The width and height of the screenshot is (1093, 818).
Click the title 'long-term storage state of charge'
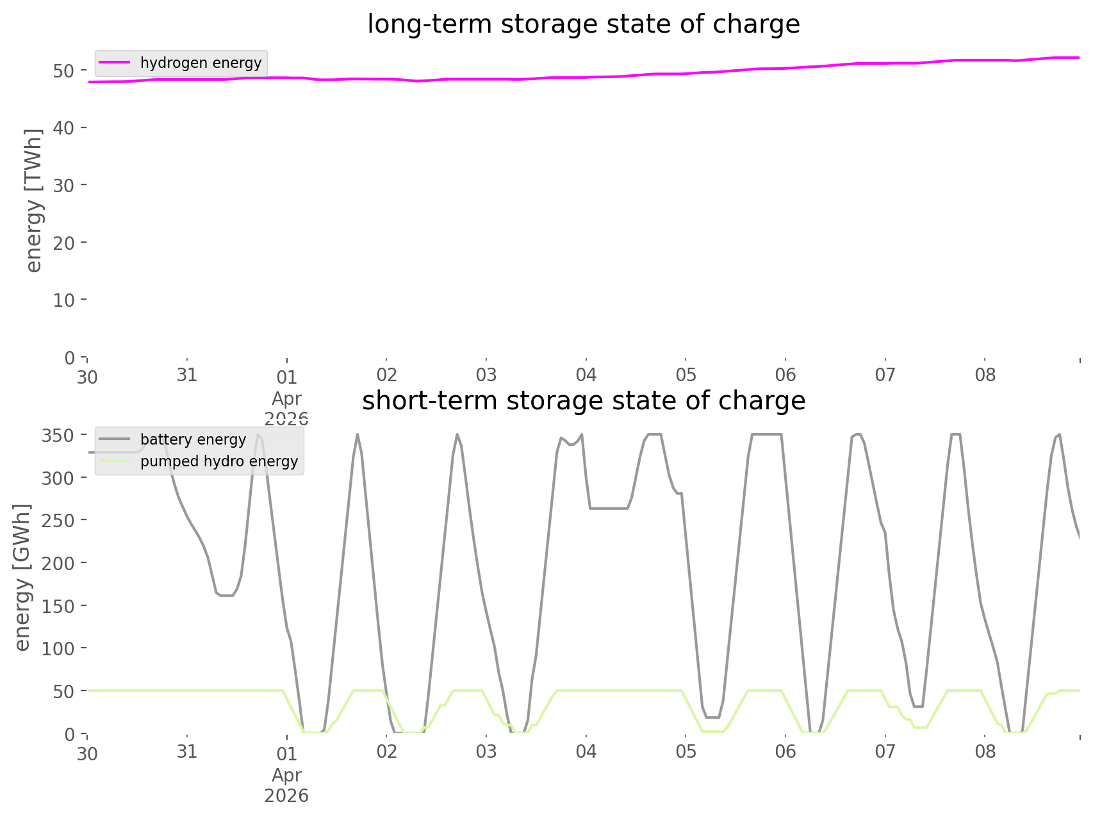click(x=583, y=24)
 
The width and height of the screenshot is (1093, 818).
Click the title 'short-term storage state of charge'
click(x=583, y=401)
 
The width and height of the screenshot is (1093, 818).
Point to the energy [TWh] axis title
click(x=33, y=200)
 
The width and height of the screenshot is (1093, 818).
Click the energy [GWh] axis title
click(x=22, y=577)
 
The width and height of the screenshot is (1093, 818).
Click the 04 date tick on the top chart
click(x=586, y=375)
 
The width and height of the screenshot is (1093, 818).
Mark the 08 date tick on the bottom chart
click(x=985, y=751)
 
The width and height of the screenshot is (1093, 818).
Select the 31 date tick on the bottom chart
click(x=186, y=751)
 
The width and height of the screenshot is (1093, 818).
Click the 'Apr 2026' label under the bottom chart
click(x=286, y=785)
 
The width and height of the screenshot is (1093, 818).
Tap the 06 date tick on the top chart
click(x=785, y=375)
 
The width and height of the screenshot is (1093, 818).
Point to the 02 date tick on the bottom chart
click(x=386, y=751)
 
